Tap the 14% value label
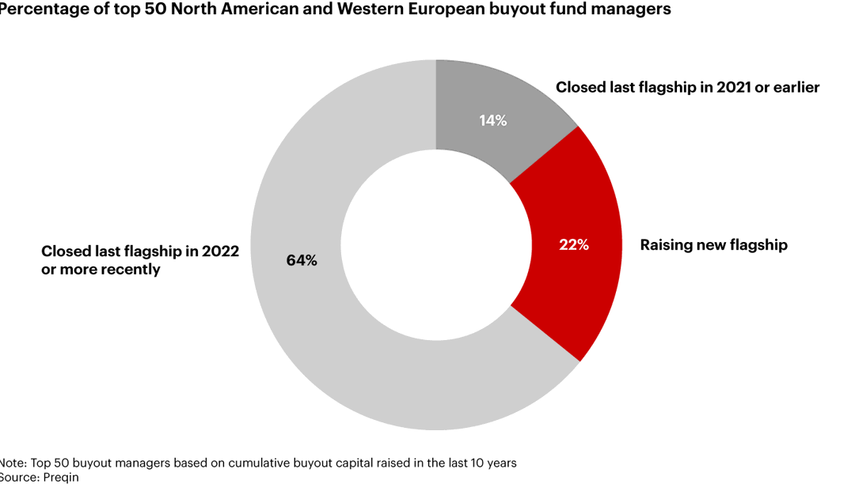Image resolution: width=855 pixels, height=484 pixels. pos(492,121)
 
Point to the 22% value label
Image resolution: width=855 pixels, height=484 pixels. pos(574,245)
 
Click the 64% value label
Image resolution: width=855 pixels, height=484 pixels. pos(302,260)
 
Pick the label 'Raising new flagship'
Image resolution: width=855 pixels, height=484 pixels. pos(713,245)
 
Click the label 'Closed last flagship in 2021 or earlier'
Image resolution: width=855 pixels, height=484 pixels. pos(687,88)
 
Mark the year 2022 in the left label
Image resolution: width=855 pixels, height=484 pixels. pos(220,251)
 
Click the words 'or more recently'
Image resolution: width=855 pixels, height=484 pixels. pos(101,270)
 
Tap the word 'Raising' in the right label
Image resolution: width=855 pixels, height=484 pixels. pos(666,245)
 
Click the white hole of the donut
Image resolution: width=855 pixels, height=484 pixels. pos(435,245)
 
